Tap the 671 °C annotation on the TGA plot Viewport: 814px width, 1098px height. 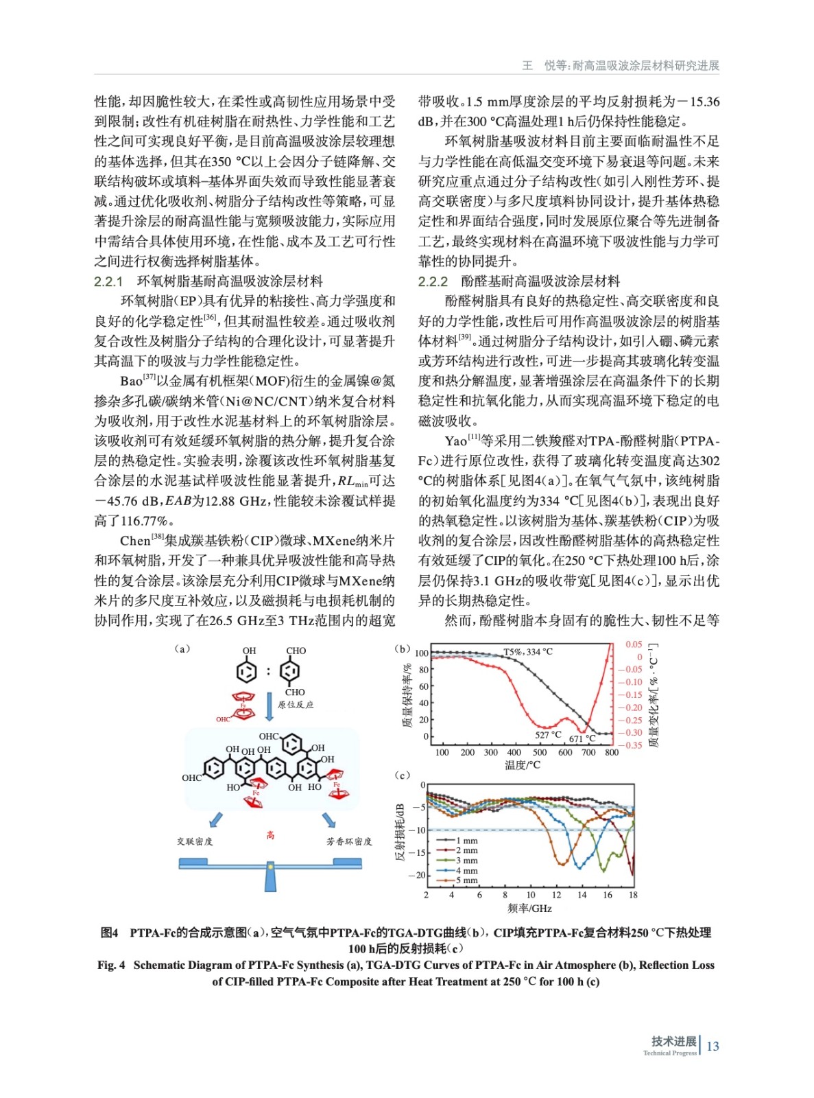[582, 738]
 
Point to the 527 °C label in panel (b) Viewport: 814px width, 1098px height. [548, 734]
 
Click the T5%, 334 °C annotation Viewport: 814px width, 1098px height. [528, 651]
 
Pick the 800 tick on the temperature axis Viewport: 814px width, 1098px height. [611, 752]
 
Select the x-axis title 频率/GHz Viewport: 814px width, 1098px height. [529, 908]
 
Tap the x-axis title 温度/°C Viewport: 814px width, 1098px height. [523, 764]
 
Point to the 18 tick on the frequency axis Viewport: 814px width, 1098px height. [633, 894]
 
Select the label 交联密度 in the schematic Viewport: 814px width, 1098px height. [195, 841]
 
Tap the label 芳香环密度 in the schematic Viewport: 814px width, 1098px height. [348, 841]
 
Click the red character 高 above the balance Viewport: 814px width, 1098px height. [270, 834]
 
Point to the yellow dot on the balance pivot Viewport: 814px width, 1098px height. [270, 867]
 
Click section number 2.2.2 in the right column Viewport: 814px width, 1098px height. [433, 281]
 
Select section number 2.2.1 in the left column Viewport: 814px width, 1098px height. [108, 281]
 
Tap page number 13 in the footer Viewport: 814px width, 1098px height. [713, 1046]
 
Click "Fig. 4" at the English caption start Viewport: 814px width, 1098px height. [111, 965]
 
